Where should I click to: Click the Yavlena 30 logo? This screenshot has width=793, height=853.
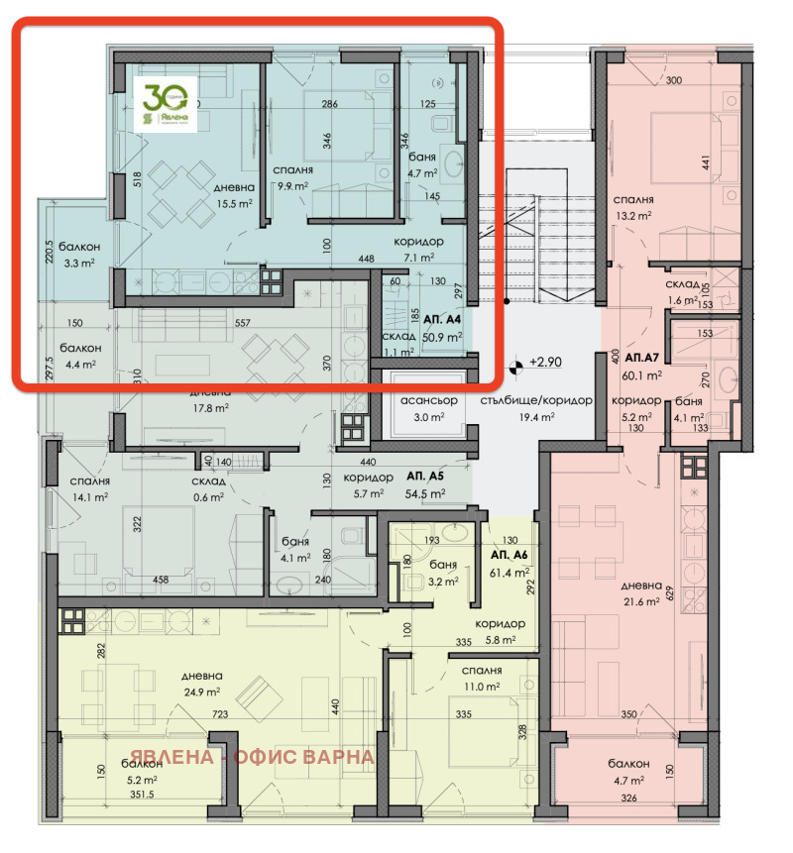tap(166, 105)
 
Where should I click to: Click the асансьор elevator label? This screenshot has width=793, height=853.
tap(427, 399)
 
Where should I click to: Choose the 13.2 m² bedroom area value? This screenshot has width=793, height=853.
tap(633, 214)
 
